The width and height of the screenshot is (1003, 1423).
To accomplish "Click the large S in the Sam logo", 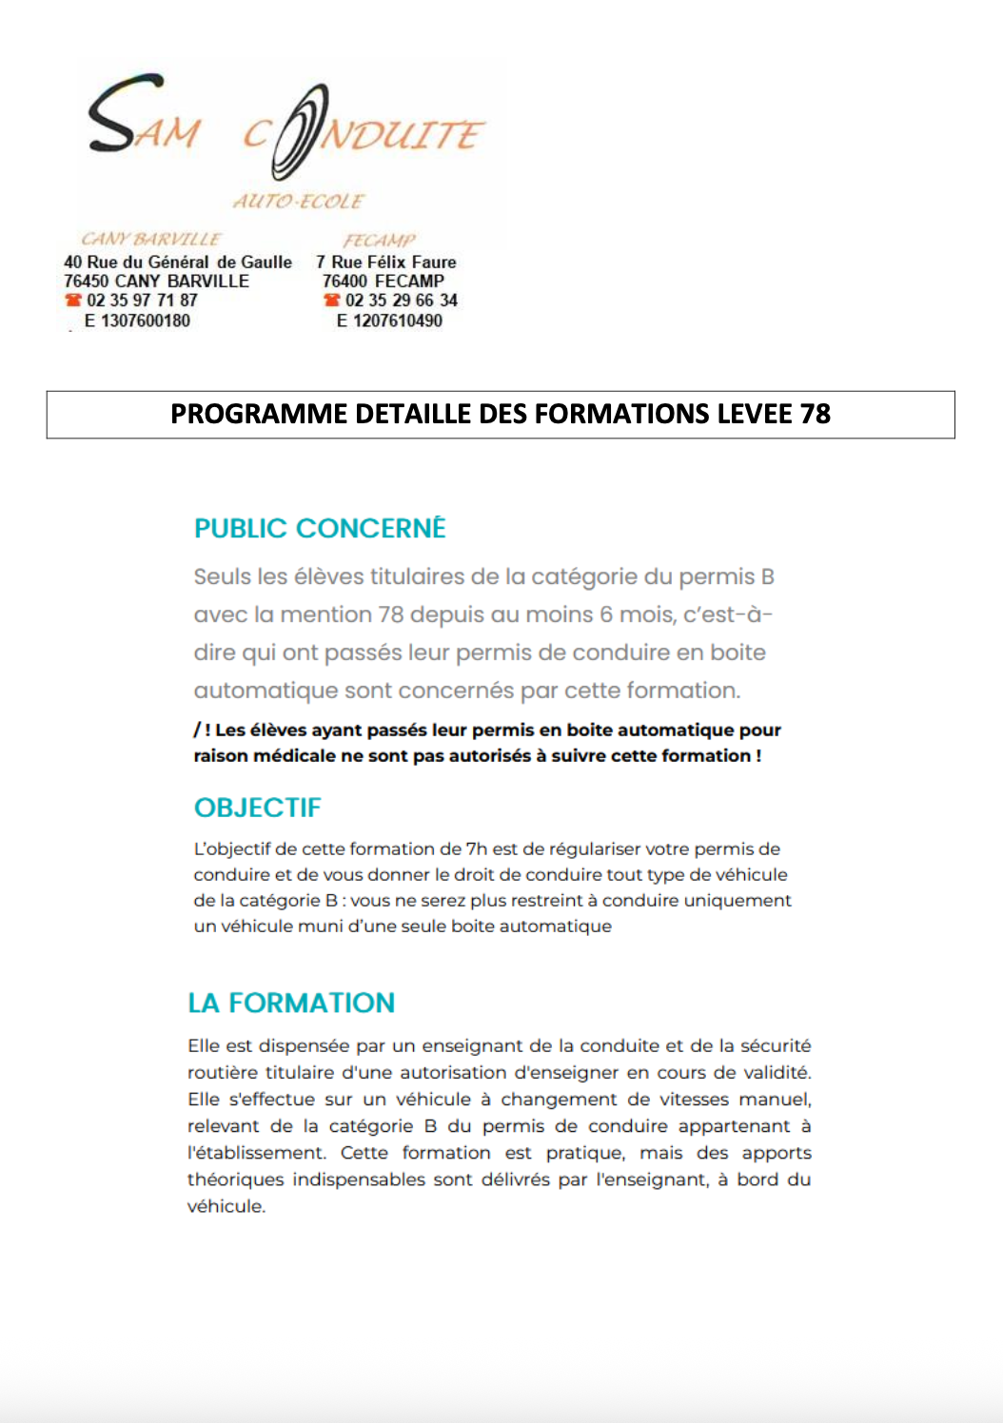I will click(112, 114).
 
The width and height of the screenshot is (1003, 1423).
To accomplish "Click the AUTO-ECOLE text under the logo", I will click(298, 202).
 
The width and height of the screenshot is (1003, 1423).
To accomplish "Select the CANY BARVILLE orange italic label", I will click(150, 239).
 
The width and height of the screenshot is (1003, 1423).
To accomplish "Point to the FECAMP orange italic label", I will click(379, 241).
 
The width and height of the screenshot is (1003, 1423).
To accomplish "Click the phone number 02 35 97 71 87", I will click(142, 301).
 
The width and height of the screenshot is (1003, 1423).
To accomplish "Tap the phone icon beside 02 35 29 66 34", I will click(331, 301).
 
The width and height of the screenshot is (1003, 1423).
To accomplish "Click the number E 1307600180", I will click(137, 321).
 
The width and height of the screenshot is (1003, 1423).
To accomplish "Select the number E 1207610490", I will click(389, 321).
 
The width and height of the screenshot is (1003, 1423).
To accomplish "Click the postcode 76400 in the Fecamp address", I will click(344, 282).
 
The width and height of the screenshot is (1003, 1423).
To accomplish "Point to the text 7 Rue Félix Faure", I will click(386, 262).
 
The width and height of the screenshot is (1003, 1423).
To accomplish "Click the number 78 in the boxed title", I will click(816, 414).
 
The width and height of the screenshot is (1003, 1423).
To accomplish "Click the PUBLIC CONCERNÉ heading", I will click(320, 529).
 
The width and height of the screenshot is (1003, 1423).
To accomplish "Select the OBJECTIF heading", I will click(258, 808).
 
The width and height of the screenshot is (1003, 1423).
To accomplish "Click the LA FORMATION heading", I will click(291, 1003).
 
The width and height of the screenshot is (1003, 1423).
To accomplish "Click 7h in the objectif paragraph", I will click(476, 848).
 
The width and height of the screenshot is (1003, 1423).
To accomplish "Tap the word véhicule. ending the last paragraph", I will click(226, 1206).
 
